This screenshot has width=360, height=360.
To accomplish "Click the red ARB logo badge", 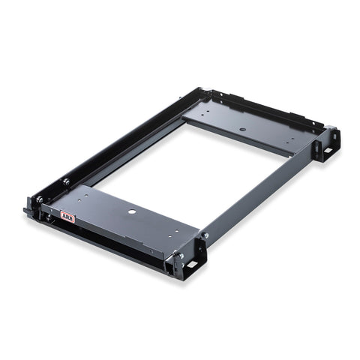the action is click(x=67, y=217).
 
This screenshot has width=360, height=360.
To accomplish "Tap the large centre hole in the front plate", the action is click(x=132, y=212).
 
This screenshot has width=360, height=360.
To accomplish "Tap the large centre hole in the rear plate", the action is click(x=242, y=130).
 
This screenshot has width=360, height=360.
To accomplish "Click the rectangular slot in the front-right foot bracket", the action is click(x=192, y=265).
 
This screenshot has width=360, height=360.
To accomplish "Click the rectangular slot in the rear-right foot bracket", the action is click(x=328, y=151).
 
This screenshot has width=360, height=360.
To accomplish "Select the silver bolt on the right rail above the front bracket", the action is click(x=205, y=235).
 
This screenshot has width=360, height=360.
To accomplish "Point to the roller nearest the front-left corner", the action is click(x=39, y=199).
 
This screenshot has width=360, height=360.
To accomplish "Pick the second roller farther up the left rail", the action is click(x=66, y=181).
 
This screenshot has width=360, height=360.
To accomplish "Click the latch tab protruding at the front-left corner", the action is click(x=26, y=210).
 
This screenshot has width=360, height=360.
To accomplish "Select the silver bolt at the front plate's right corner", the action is click(x=181, y=256).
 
